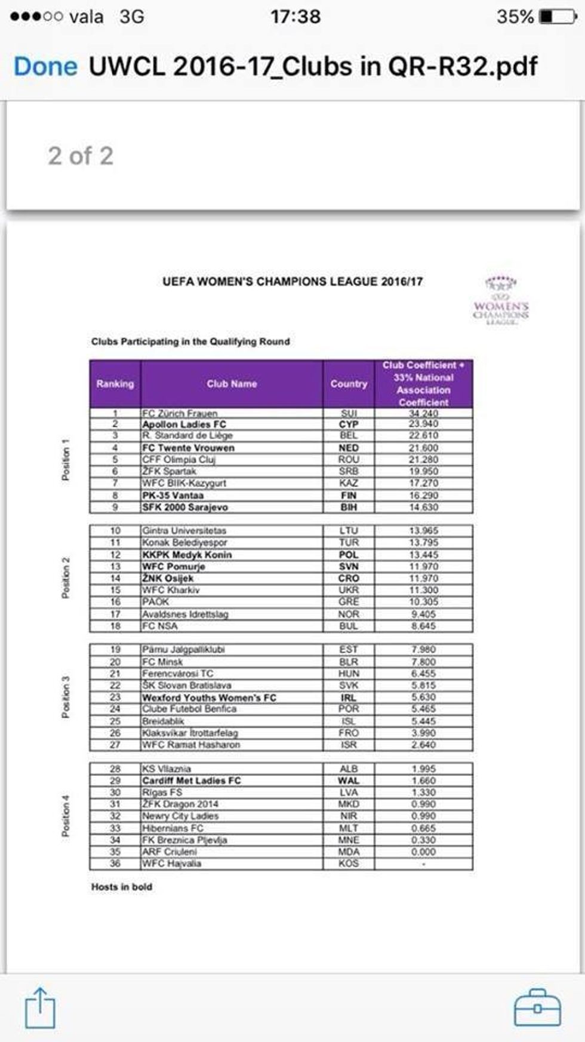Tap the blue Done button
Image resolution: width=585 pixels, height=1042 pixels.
(x=45, y=66)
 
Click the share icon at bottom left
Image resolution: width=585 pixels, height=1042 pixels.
(x=40, y=1008)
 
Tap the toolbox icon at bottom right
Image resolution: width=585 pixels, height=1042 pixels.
(x=537, y=1008)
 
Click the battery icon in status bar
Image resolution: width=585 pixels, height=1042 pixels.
(x=558, y=16)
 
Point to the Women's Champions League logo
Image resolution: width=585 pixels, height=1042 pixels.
(x=500, y=301)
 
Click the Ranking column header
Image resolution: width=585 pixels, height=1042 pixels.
(x=115, y=384)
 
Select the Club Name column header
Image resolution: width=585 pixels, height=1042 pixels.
(x=232, y=384)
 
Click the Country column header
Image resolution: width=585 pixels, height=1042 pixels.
(x=349, y=384)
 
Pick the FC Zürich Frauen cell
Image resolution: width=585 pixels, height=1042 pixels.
(x=180, y=413)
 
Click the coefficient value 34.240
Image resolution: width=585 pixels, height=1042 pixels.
(x=423, y=413)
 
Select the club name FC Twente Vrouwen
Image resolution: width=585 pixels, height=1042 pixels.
(x=188, y=448)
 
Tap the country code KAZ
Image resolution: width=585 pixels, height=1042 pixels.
(x=349, y=483)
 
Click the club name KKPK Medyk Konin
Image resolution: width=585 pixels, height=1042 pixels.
(x=187, y=555)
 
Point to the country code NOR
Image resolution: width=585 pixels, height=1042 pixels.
(x=349, y=614)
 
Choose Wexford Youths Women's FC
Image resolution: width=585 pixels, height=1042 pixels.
(x=209, y=697)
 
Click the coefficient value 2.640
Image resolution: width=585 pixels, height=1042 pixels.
(x=423, y=745)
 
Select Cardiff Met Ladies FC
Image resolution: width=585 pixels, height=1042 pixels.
(x=191, y=780)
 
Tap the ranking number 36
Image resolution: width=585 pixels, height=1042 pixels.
(x=115, y=863)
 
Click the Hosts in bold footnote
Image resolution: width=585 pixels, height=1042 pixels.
(x=122, y=887)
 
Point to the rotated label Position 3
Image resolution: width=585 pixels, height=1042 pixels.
(x=66, y=697)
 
